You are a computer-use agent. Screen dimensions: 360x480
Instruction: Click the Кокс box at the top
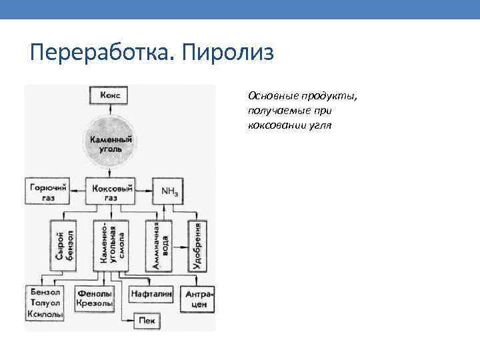pyautogui.click(x=111, y=95)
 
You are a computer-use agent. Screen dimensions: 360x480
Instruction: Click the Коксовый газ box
pyautogui.click(x=111, y=191)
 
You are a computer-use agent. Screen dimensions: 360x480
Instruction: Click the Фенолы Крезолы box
pyautogui.click(x=95, y=298)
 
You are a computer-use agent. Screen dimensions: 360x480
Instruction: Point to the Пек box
pyautogui.click(x=146, y=321)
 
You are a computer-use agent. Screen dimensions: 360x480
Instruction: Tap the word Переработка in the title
pyautogui.click(x=100, y=52)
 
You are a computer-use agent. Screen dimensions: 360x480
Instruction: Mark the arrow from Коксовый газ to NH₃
pyautogui.click(x=144, y=190)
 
